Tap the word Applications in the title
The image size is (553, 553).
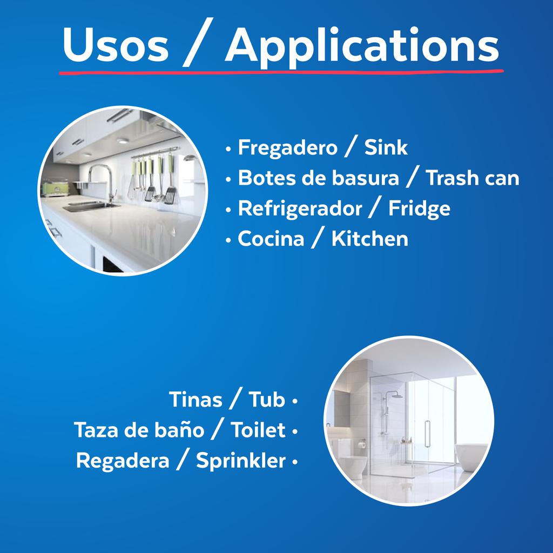coord(361,46)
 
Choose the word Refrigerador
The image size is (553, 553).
coord(300,209)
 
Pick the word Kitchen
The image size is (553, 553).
coord(369,239)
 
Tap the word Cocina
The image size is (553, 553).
coord(271,239)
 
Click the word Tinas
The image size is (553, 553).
coord(195,400)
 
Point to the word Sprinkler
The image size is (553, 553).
coord(240,461)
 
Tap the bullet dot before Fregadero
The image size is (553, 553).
coord(229,148)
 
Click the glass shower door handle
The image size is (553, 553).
coord(428,432)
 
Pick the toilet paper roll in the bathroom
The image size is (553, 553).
coord(361,444)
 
